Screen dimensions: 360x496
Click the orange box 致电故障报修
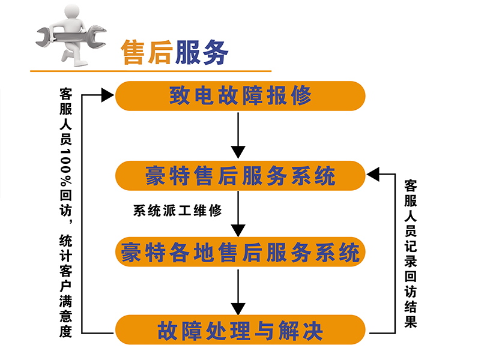[x=240, y=96]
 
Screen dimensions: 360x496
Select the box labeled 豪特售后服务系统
[x=240, y=176]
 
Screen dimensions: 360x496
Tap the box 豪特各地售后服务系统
[x=240, y=252]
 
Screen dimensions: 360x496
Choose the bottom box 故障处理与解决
[x=240, y=329]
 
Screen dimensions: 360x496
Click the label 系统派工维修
[x=178, y=211]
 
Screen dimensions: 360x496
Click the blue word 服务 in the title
[x=201, y=53]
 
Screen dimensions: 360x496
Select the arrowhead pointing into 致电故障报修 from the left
[x=108, y=95]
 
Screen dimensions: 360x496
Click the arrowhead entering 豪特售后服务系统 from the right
[x=373, y=175]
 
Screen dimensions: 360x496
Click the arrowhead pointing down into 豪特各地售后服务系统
[x=239, y=230]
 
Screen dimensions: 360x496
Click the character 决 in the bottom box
[x=313, y=329]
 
